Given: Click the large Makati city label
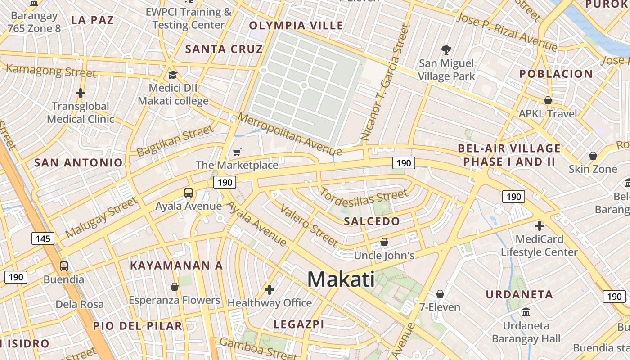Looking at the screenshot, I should [341, 279].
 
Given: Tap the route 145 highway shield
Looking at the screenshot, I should [43, 238].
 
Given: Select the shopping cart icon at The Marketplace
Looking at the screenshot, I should [237, 153].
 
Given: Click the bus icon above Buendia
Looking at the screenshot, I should [64, 266].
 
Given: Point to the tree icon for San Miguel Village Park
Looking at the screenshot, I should [446, 49].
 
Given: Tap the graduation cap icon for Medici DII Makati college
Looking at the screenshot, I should [173, 74].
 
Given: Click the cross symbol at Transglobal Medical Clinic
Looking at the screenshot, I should [81, 93].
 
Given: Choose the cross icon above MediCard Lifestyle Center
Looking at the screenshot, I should [539, 225].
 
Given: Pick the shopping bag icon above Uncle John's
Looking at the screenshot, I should [384, 243].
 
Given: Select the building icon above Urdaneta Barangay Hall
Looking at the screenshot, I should [526, 311].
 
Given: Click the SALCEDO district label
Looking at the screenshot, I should [372, 221].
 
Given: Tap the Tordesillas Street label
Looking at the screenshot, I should [364, 196].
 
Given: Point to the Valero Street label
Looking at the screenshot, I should [309, 225].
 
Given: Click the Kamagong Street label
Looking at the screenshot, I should [51, 71].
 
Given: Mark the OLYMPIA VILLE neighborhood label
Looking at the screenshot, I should [296, 26].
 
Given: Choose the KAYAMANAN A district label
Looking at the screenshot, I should [176, 265].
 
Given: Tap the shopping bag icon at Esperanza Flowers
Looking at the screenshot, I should [175, 287].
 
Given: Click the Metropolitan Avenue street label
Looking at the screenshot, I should [290, 134].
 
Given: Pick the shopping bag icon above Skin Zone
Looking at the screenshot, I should [593, 156].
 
